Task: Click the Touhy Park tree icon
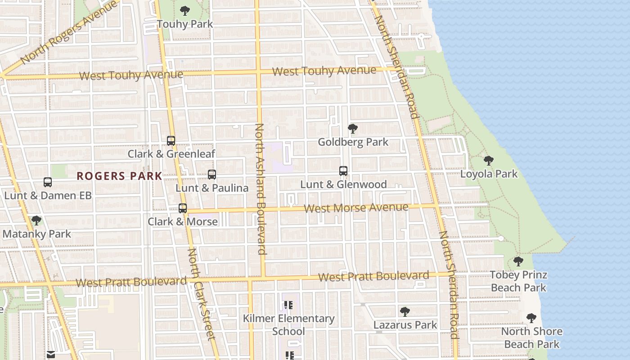coord(184,10)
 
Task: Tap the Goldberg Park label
coord(353,142)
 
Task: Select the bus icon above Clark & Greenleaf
coord(171,140)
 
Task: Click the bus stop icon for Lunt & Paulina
coord(212,174)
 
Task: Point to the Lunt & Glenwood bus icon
coord(343,171)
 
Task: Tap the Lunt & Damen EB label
coord(48,196)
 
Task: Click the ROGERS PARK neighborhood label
coord(119,176)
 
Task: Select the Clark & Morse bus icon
coord(183,208)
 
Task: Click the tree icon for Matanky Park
coord(36,220)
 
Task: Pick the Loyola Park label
coord(489,174)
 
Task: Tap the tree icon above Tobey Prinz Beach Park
coord(518,261)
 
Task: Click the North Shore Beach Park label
coord(532,338)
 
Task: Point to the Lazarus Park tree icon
coord(405,311)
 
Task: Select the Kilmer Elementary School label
coord(288,325)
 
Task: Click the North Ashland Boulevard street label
coord(261,189)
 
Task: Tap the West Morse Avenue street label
coord(356,208)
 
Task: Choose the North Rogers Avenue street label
coord(68,32)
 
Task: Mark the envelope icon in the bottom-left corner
coord(51,355)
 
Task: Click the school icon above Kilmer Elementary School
coord(288,305)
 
